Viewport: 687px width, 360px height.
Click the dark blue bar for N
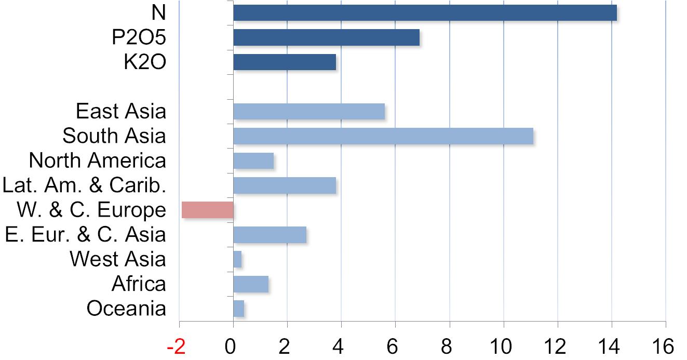(x=425, y=12)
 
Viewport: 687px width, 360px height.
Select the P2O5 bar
(x=326, y=37)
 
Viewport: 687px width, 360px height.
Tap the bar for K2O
(x=285, y=62)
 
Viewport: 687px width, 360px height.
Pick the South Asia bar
(x=383, y=136)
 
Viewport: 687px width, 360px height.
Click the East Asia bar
(x=309, y=111)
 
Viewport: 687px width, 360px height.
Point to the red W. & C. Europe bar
(x=208, y=210)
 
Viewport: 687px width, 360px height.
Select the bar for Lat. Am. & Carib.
(x=285, y=185)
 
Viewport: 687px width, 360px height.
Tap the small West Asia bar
(x=237, y=259)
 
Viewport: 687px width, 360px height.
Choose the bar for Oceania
(x=239, y=309)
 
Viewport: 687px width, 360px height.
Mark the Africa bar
(x=251, y=284)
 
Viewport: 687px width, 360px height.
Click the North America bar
(x=253, y=161)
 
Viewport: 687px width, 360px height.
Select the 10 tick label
(x=503, y=346)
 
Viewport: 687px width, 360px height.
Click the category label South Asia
(x=114, y=136)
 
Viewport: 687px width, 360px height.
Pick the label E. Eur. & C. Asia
(x=85, y=234)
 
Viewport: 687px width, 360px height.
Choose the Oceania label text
(x=126, y=309)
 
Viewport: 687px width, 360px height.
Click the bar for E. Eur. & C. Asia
(x=270, y=235)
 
